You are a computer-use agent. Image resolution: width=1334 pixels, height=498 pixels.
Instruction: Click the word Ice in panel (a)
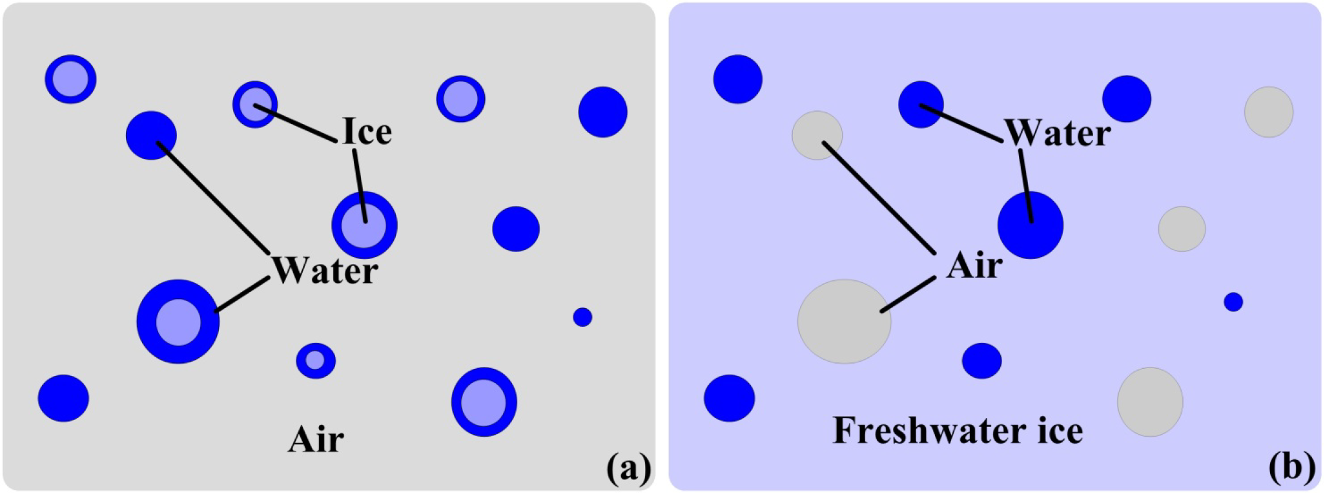367,132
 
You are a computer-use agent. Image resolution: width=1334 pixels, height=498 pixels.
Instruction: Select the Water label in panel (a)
325,271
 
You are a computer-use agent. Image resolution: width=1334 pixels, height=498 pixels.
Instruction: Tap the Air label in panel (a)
316,440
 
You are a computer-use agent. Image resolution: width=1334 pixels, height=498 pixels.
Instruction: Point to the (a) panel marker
628,468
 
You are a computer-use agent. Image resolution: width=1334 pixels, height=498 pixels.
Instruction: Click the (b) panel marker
1291,468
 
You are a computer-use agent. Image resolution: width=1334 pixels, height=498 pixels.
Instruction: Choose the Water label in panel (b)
1058,133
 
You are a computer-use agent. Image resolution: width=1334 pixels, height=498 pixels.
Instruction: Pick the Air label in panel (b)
974,265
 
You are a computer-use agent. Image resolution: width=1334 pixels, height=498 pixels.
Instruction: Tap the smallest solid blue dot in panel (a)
582,317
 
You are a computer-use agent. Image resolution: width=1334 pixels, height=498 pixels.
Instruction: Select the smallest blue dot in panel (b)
1233,302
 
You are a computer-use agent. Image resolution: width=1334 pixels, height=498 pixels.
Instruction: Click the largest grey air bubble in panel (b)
845,321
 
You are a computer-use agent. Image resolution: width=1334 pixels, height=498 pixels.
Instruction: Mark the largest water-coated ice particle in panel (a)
178,322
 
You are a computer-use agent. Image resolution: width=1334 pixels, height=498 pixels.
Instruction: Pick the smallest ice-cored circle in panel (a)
316,360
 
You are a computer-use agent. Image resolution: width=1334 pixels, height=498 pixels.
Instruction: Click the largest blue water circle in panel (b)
1031,225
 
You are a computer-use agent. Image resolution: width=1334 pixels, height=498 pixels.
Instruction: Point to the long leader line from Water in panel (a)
213,198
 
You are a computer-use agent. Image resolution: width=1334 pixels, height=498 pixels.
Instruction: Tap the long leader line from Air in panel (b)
878,197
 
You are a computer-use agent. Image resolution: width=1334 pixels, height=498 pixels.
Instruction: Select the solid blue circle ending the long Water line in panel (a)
151,135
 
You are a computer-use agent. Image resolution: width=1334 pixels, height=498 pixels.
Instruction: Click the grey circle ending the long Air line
817,135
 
